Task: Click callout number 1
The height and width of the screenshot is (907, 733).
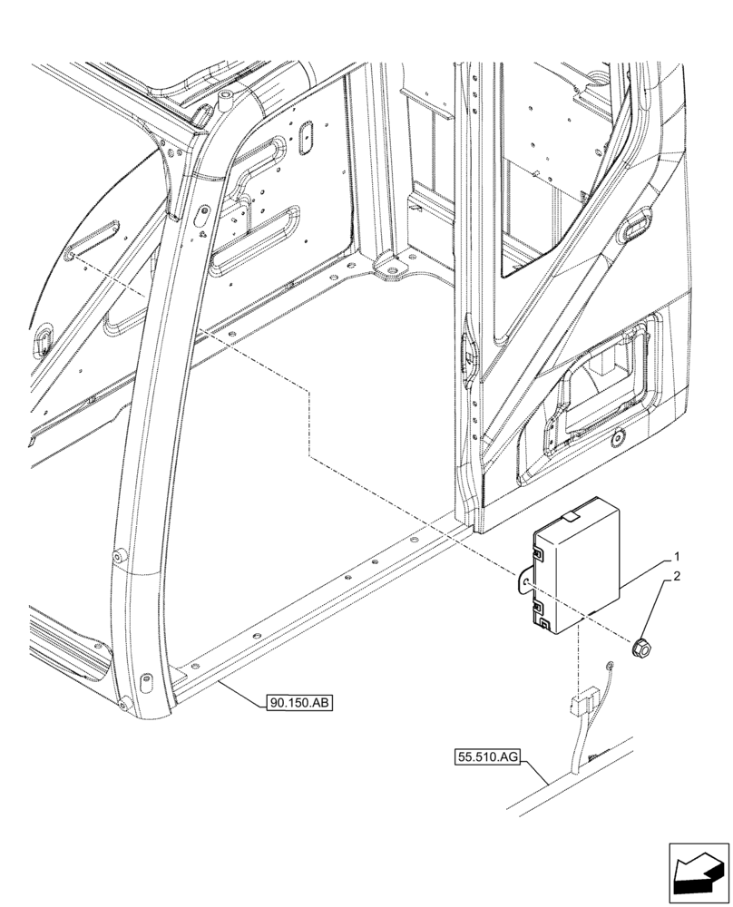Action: (x=676, y=556)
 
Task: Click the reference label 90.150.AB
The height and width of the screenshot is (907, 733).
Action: (x=299, y=702)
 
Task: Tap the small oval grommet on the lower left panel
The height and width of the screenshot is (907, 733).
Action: (x=43, y=338)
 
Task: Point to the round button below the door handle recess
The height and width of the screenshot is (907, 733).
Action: (x=617, y=439)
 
